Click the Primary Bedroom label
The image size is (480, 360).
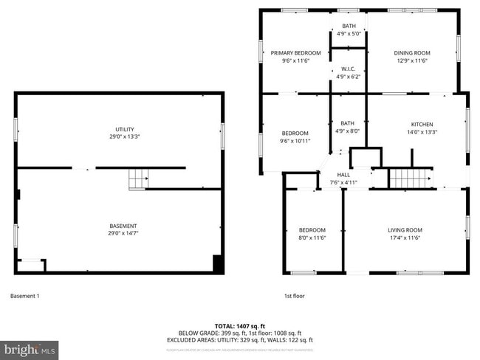[295, 53]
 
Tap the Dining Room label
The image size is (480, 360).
[412, 53]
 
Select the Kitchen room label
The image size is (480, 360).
[422, 124]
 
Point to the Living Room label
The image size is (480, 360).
[405, 230]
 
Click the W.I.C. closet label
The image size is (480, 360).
[348, 69]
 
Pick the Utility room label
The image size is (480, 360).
[119, 129]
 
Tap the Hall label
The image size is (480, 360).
[343, 175]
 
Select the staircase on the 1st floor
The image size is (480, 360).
[404, 178]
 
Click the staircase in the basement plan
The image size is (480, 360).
[138, 178]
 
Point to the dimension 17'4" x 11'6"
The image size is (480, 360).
[405, 238]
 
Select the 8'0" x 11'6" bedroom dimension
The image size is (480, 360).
[312, 238]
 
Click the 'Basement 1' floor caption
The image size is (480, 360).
[24, 297]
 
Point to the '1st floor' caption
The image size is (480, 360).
[295, 297]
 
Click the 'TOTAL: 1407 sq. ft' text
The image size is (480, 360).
[240, 325]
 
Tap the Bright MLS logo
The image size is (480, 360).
[30, 347]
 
